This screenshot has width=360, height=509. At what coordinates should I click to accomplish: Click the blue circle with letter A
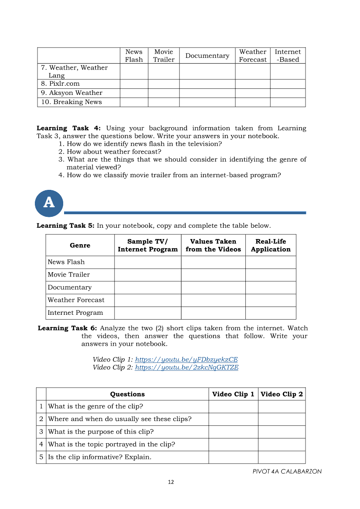49,203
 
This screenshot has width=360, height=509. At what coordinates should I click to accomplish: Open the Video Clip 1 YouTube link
186,359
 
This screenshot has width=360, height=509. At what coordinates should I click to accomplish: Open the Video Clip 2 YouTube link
187,367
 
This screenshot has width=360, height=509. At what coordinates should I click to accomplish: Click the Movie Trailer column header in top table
163,56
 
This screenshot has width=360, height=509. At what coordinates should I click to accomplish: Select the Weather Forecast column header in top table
252,56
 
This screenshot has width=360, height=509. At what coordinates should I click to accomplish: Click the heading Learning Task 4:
69,128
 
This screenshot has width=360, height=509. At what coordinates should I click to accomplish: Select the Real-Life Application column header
271,245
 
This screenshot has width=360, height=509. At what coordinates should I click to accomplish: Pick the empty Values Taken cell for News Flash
213,262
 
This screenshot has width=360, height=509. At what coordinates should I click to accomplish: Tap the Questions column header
127,394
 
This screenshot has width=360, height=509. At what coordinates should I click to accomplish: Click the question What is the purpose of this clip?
101,431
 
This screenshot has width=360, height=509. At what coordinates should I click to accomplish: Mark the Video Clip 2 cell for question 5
282,457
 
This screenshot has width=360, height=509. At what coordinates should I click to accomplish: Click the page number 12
171,482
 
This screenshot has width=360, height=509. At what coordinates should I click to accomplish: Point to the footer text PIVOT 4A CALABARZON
287,471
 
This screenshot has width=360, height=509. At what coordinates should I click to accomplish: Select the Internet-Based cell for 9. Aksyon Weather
288,93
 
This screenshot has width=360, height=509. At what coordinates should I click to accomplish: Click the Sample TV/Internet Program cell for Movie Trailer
148,275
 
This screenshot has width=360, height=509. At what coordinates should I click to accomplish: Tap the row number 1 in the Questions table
41,406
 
